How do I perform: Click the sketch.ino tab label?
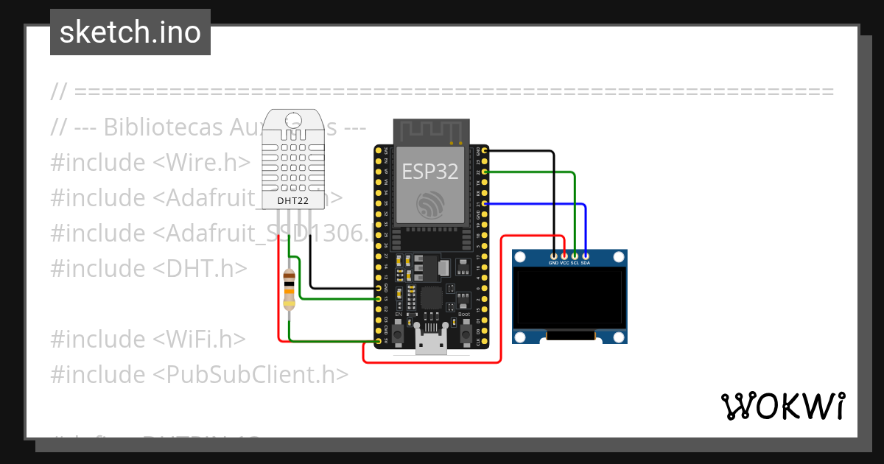point(130,32)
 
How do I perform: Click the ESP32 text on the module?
point(429,172)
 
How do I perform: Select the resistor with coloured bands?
point(290,289)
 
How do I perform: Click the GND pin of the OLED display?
point(553,255)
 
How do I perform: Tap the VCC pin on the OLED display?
point(564,255)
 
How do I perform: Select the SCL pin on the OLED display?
point(575,255)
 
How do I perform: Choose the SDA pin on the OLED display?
point(586,255)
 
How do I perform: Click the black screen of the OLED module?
point(569,298)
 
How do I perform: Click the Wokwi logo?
point(782,406)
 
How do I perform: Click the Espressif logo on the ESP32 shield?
point(430,205)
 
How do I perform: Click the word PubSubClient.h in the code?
point(250,374)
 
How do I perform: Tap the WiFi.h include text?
point(199,339)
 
